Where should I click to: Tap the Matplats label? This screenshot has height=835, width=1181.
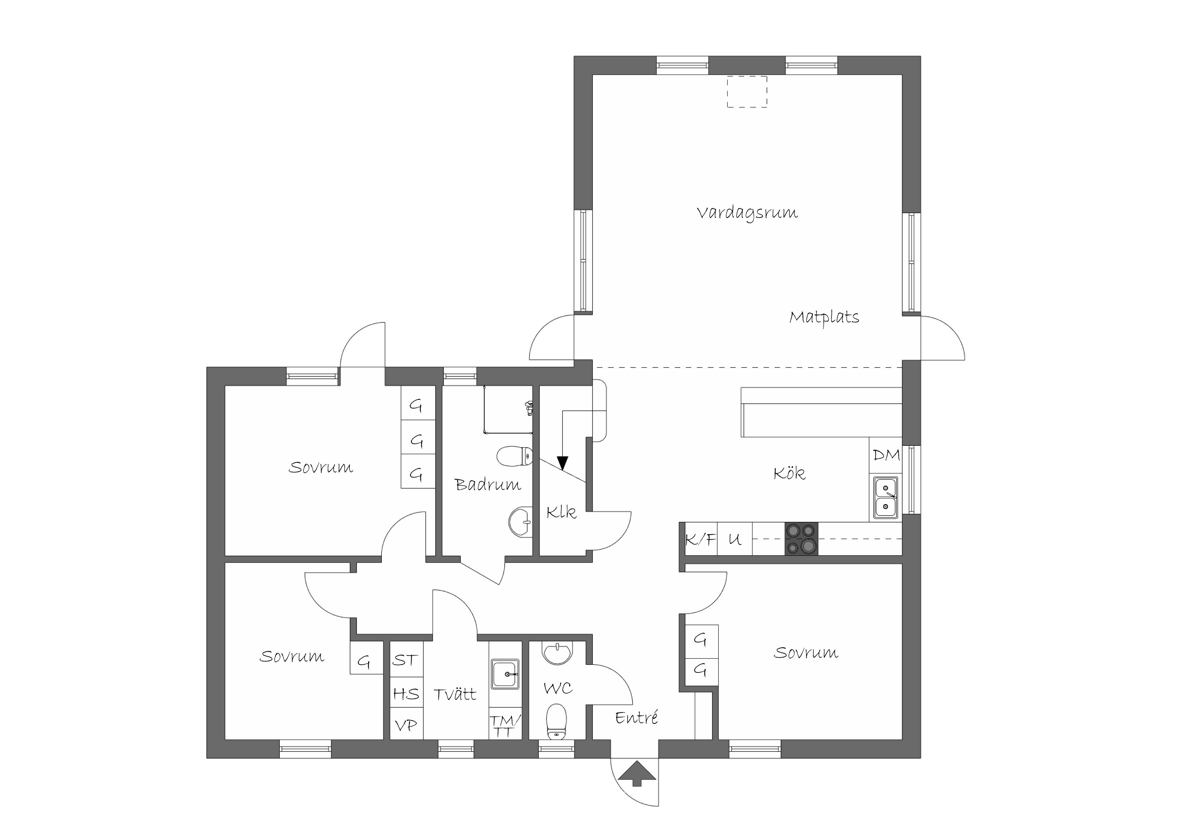(x=824, y=317)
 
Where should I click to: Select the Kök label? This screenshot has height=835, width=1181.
(x=789, y=473)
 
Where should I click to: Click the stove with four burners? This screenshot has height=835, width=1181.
(x=801, y=539)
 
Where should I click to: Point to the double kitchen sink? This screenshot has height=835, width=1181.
(x=885, y=498)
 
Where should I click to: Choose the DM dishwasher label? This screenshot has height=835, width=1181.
(x=886, y=455)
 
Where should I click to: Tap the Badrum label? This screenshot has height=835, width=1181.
(x=487, y=485)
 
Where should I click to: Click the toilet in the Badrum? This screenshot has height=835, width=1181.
(x=514, y=456)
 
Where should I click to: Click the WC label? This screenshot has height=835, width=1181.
(x=558, y=689)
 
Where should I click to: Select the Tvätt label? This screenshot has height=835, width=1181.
(x=455, y=695)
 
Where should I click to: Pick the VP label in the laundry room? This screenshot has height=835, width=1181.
(x=406, y=726)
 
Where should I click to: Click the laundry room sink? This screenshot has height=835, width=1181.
(x=505, y=674)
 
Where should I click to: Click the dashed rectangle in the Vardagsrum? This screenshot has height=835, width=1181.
(x=747, y=92)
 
